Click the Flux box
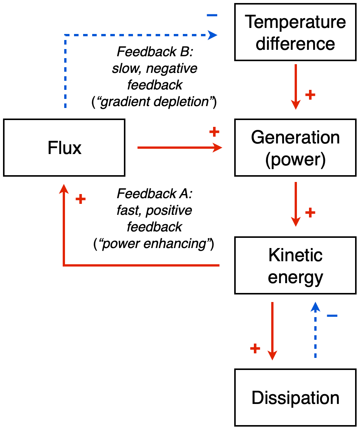64,148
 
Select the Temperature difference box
295,32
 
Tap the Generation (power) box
295,148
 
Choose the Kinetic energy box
295,265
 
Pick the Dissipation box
295,398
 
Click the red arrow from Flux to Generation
179,148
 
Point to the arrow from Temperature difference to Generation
295,87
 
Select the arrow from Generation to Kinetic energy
295,204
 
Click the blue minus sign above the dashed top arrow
212,15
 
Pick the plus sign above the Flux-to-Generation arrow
214,132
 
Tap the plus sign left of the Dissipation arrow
255,348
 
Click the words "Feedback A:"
155,194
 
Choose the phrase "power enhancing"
154,244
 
